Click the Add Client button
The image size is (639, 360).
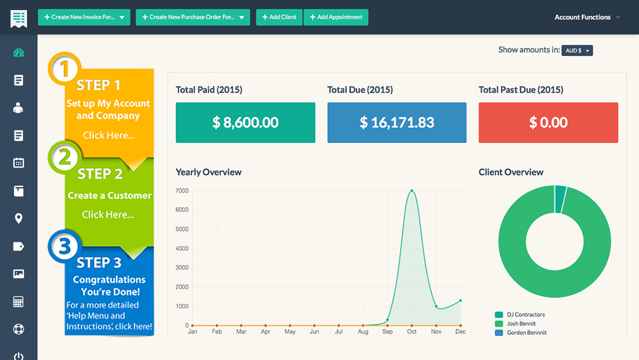(279, 17)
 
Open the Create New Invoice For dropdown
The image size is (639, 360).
(85, 17)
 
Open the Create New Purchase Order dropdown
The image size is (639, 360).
(192, 17)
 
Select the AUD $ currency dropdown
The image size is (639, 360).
(576, 51)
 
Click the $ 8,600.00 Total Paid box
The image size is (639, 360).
(245, 122)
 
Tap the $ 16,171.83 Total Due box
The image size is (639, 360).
(397, 122)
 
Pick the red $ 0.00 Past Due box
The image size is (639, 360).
(548, 122)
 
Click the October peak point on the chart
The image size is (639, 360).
(412, 191)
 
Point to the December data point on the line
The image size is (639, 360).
(460, 301)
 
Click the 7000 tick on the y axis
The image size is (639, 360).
(182, 191)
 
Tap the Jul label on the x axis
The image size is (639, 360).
(339, 331)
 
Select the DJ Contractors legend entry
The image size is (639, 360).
(525, 315)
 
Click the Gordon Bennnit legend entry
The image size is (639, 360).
(526, 332)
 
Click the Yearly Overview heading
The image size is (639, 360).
(208, 172)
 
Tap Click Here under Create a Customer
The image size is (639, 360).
(108, 214)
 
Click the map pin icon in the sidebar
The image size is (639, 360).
(19, 218)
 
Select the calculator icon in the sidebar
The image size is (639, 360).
(19, 302)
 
